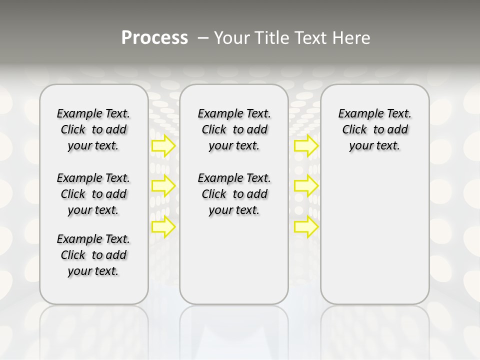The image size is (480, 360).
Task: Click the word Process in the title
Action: click(154, 37)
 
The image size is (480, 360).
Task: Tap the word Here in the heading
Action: click(352, 37)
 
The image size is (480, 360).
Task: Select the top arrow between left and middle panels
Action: click(163, 146)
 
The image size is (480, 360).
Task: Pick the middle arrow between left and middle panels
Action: click(163, 186)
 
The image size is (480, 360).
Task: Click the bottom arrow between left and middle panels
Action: click(163, 227)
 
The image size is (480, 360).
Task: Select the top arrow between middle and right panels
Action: click(306, 146)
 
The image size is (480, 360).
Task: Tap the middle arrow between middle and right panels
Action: click(306, 186)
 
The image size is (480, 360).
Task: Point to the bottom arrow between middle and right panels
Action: click(306, 227)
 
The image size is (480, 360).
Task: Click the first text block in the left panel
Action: click(93, 129)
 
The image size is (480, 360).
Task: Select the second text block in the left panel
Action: click(93, 194)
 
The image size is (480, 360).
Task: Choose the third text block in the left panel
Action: click(93, 255)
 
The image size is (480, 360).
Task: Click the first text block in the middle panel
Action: click(234, 129)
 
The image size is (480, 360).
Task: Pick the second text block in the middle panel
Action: click(234, 194)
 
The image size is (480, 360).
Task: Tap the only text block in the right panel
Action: click(374, 129)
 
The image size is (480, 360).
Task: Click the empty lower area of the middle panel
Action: click(234, 260)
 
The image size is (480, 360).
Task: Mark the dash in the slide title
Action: click(203, 37)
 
